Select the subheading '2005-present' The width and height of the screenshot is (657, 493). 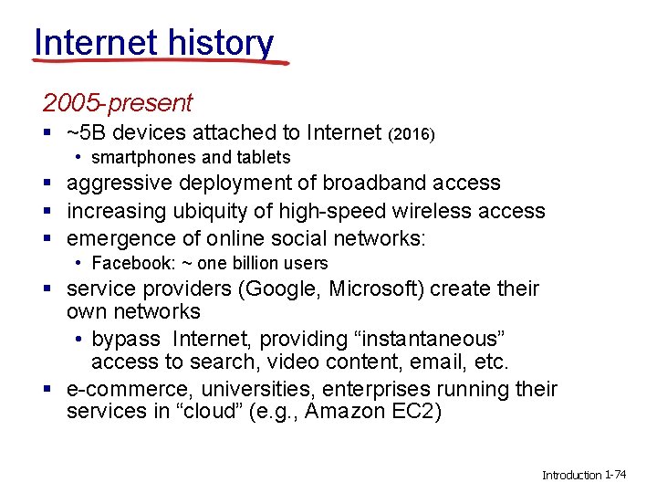point(118,103)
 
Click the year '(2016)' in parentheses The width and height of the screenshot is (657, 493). point(412,135)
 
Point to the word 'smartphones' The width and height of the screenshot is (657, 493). point(143,157)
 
